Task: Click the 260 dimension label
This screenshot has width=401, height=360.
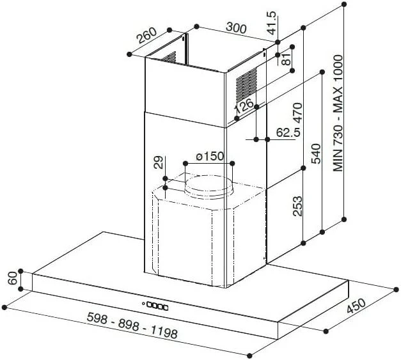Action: pyautogui.click(x=147, y=35)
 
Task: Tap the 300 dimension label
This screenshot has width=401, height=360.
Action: pyautogui.click(x=236, y=27)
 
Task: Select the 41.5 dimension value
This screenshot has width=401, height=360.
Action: pyautogui.click(x=272, y=23)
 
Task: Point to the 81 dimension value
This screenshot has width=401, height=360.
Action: pyautogui.click(x=287, y=59)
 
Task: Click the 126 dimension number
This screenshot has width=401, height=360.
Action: pyautogui.click(x=244, y=106)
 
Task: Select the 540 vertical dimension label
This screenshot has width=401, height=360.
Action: pyautogui.click(x=316, y=153)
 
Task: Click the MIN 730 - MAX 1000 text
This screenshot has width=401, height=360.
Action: pyautogui.click(x=338, y=113)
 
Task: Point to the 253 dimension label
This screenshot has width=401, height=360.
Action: pyautogui.click(x=297, y=206)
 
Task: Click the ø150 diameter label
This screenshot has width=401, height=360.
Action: pyautogui.click(x=210, y=156)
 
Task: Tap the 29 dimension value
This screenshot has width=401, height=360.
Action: pyautogui.click(x=159, y=162)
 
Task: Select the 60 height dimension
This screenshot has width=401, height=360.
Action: pyautogui.click(x=13, y=278)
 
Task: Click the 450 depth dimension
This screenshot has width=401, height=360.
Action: pyautogui.click(x=356, y=306)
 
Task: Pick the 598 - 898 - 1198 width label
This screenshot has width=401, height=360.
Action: pyautogui.click(x=132, y=325)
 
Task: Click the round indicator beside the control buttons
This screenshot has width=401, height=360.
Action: pyautogui.click(x=143, y=304)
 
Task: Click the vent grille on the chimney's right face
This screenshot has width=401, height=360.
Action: pyautogui.click(x=246, y=84)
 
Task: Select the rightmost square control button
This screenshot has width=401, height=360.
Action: pyautogui.click(x=166, y=308)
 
